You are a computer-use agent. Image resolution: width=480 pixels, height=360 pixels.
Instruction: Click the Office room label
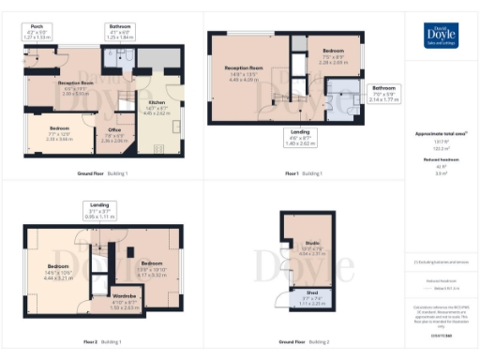(x=114, y=134)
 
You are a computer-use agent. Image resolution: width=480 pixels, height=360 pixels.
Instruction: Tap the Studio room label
(x=311, y=248)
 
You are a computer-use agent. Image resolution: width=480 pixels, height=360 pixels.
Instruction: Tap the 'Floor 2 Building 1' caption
(x=105, y=343)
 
